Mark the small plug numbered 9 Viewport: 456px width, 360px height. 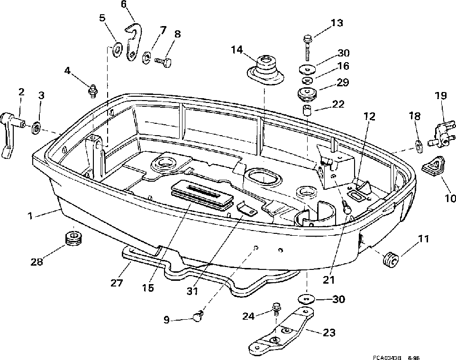[x=198, y=316]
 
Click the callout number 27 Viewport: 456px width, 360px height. [x=117, y=283]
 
